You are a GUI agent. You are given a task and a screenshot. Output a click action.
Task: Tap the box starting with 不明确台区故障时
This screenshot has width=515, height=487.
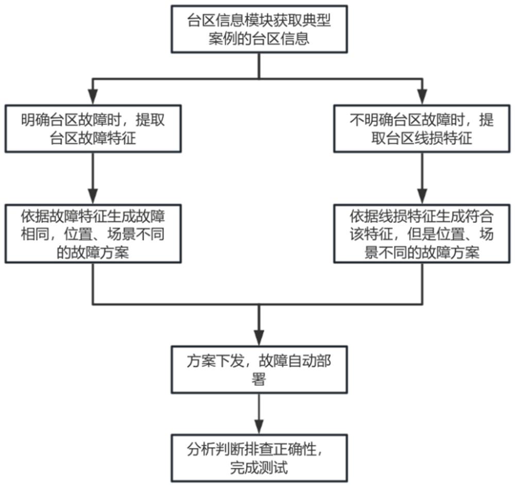(x=422, y=129)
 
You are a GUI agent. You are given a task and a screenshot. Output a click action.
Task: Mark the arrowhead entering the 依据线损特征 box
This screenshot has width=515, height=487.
(x=422, y=198)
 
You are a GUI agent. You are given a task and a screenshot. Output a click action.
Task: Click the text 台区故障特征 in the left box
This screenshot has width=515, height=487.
(x=93, y=138)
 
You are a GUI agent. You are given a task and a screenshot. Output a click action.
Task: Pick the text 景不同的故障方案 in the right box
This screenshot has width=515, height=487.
(x=422, y=253)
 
